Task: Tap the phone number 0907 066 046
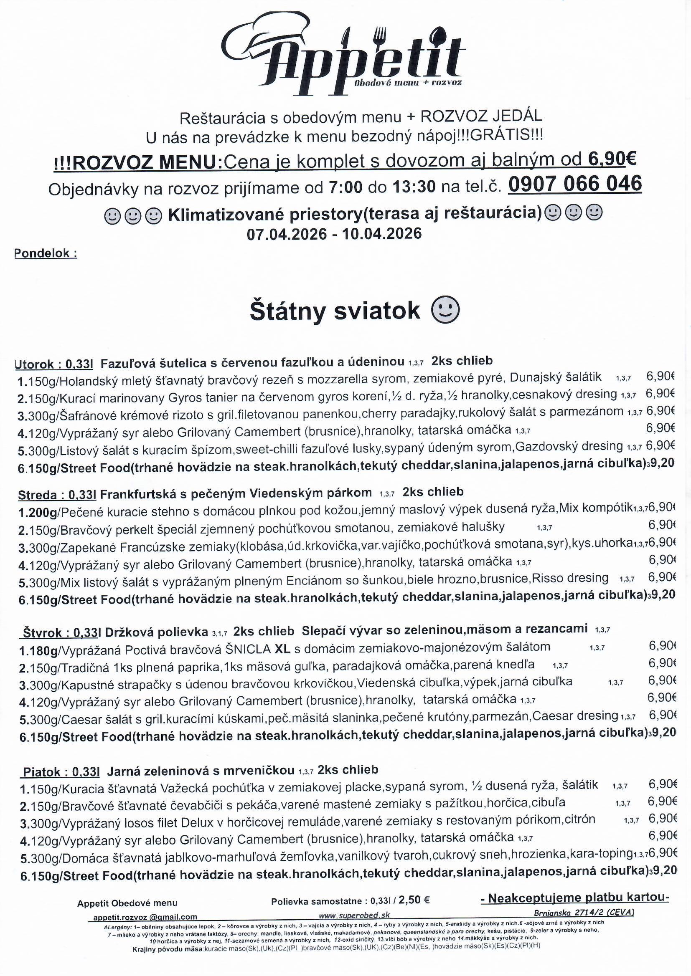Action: click(574, 184)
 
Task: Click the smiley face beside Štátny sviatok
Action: click(445, 311)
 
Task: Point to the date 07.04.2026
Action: click(287, 234)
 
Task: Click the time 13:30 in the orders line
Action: click(414, 187)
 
